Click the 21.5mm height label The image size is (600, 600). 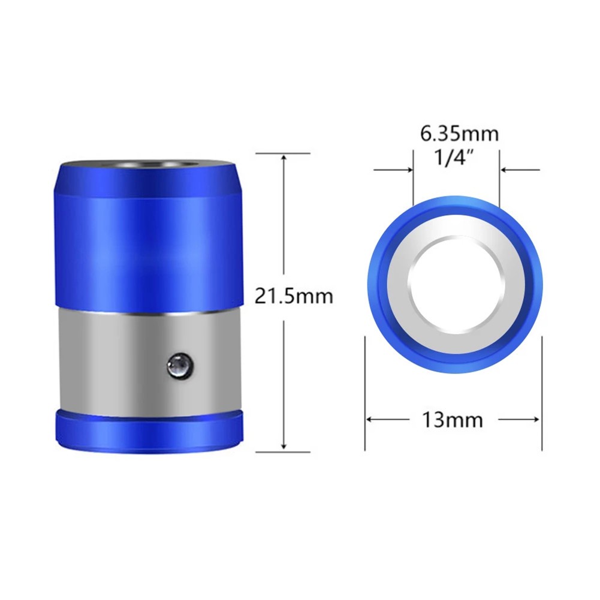(x=293, y=296)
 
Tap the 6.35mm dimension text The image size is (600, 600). (x=459, y=133)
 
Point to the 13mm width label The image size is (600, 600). (x=453, y=420)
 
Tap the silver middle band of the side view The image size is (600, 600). (x=108, y=360)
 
